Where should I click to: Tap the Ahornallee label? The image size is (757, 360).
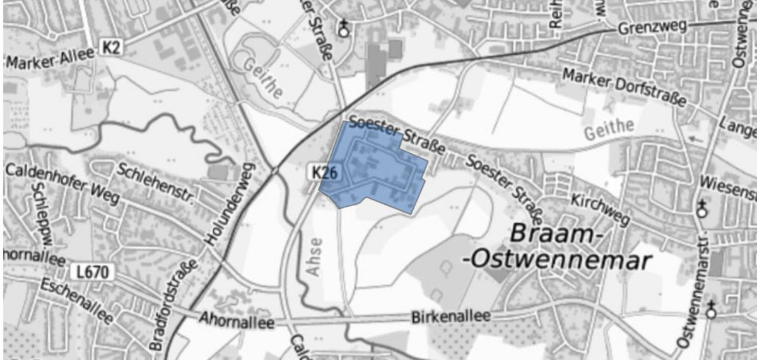pos(237,321)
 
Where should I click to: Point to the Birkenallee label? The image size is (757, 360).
pos(450,316)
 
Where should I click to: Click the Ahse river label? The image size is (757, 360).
pos(316,256)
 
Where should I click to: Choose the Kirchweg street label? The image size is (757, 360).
pos(600,209)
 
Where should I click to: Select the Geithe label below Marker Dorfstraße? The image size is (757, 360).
pos(609,130)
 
